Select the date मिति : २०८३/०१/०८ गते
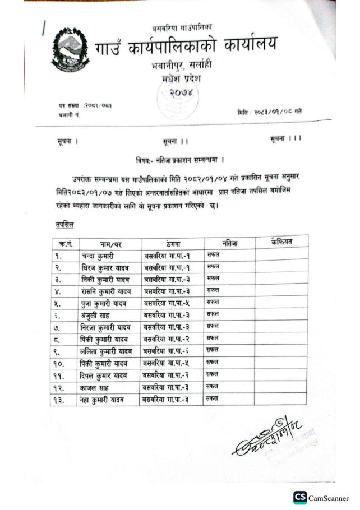click(x=269, y=112)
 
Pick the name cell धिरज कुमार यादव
click(x=106, y=267)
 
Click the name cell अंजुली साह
click(x=97, y=316)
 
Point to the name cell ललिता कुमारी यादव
click(x=108, y=351)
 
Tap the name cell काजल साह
click(x=95, y=387)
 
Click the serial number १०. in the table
click(x=61, y=363)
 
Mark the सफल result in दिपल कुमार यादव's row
click(x=213, y=374)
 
